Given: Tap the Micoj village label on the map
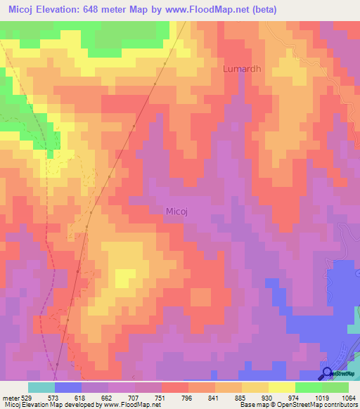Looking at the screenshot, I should [x=179, y=210].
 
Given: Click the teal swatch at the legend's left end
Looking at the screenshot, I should [x=41, y=387].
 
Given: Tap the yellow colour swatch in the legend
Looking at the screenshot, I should [x=281, y=387].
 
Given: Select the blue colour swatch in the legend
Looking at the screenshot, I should [x=68, y=387].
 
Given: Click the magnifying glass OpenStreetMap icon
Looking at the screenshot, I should [x=328, y=373].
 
